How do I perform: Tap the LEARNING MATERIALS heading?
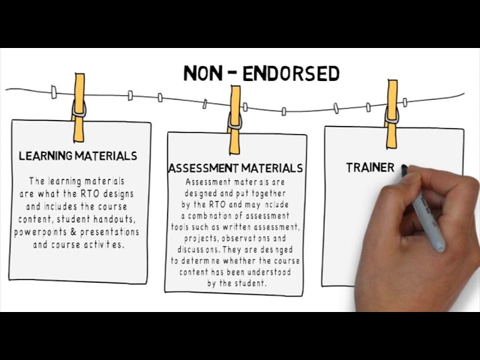coord(78,156)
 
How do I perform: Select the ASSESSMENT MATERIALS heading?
coord(235,168)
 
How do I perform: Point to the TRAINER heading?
coord(370,168)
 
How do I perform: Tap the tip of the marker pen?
coord(405,169)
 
